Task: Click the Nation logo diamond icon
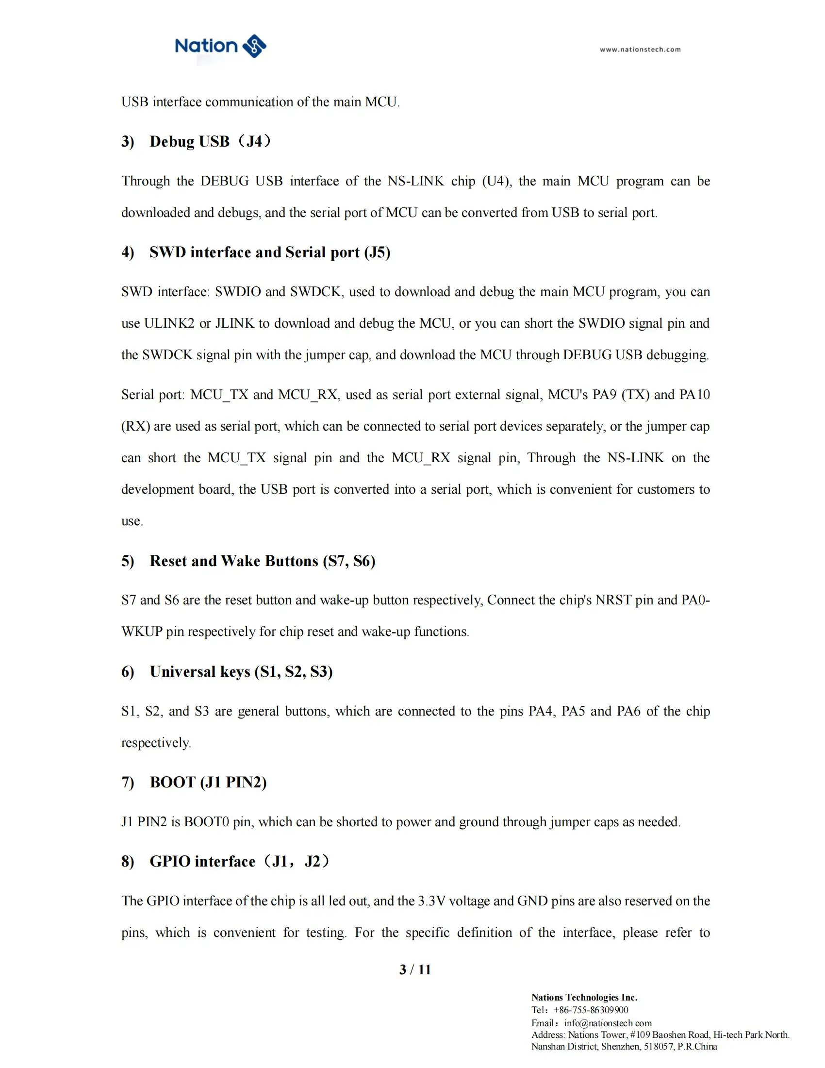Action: [x=254, y=47]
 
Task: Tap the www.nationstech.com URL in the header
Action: [x=640, y=50]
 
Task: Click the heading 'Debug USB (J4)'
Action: [x=210, y=141]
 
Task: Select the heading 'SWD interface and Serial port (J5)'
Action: [x=270, y=252]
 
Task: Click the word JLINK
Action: [x=234, y=323]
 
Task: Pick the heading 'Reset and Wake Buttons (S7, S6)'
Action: [x=262, y=561]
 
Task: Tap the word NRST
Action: [x=613, y=600]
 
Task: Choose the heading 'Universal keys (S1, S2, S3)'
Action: [x=241, y=672]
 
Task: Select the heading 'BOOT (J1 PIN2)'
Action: [x=208, y=783]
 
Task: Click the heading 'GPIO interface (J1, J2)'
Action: [x=239, y=861]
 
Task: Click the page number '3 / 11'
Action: [x=415, y=970]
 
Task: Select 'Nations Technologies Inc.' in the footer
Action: [x=584, y=998]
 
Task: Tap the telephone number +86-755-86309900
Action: [x=591, y=1010]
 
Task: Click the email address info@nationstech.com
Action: [x=608, y=1023]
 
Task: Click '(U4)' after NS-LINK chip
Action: [x=497, y=182]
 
